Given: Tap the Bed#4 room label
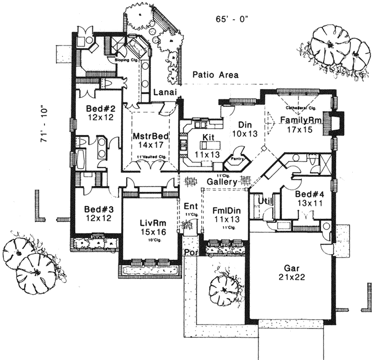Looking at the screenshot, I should [309, 194].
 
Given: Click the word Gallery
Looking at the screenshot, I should [222, 182].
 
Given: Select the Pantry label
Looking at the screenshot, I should [237, 159].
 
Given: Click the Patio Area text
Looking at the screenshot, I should [216, 75].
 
